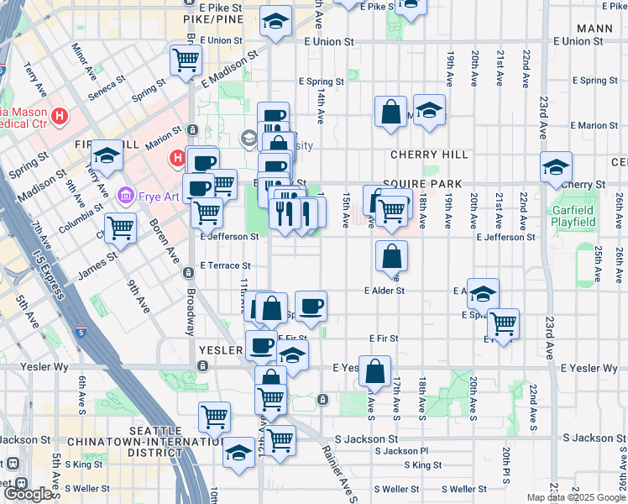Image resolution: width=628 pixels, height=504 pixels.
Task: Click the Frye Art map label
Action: [154, 196]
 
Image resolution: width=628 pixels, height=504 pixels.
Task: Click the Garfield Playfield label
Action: [574, 216]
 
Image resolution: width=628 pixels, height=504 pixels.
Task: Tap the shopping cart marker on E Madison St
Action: [186, 60]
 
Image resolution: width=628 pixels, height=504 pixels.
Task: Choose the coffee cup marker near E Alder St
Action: [311, 307]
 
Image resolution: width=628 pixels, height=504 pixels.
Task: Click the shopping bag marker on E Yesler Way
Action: [375, 370]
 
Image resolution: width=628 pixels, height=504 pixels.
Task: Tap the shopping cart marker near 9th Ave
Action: [121, 227]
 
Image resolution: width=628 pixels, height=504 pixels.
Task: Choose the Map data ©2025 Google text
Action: [575, 497]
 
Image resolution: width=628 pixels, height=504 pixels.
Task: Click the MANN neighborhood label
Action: [595, 29]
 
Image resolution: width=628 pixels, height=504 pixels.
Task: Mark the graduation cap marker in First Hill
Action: [107, 155]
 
